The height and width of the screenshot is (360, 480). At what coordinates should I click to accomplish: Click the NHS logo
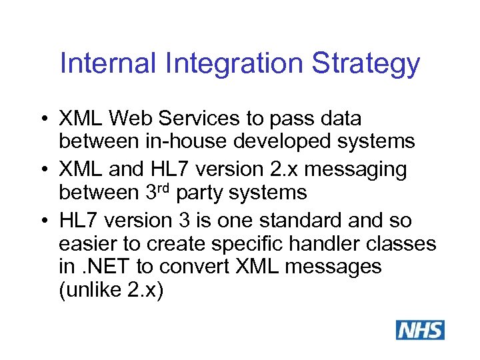point(420,330)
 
